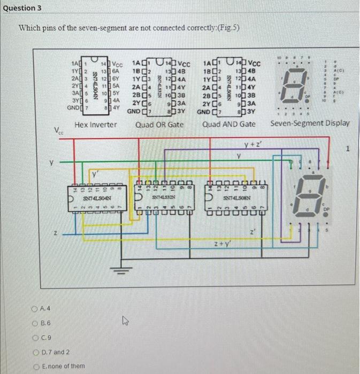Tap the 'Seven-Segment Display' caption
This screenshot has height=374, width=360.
pos(310,123)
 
